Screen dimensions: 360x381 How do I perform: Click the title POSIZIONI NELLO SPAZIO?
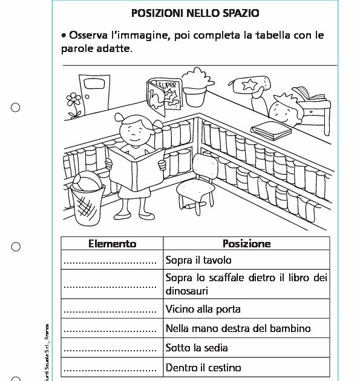[x=195, y=13]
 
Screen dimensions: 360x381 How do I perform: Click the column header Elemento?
[x=112, y=244]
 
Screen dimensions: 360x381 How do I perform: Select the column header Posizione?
[x=246, y=244]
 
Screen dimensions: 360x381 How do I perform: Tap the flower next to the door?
[x=74, y=103]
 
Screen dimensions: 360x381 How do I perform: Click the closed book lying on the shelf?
[x=270, y=128]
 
